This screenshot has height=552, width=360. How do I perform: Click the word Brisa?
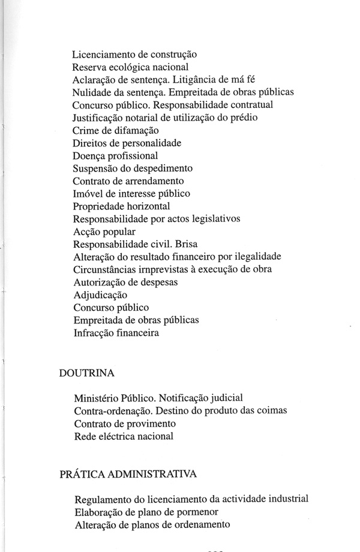pos(184,244)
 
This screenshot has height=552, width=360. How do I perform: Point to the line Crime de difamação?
pos(115,130)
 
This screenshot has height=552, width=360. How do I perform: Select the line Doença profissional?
pos(115,155)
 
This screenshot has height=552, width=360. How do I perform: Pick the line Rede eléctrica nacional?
pos(124,436)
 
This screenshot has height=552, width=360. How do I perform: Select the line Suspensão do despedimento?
pos(133,168)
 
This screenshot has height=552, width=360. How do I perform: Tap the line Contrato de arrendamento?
pos(128,181)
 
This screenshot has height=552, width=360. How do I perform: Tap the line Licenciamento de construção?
pos(135,55)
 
